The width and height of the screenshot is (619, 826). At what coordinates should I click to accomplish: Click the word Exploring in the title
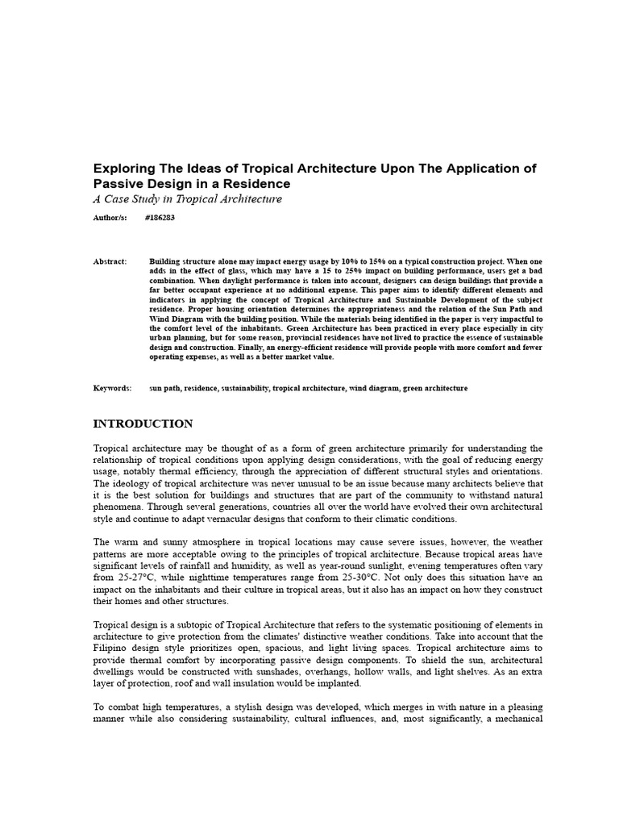[122, 169]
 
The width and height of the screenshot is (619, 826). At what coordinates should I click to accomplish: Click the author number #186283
[160, 218]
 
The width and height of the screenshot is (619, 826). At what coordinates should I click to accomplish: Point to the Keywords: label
[112, 388]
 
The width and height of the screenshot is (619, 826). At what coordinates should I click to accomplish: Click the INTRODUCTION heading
[143, 423]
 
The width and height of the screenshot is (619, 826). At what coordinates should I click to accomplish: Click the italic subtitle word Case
[123, 198]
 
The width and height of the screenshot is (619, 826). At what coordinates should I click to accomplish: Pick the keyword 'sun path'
[164, 388]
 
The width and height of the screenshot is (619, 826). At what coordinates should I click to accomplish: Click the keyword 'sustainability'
[245, 388]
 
